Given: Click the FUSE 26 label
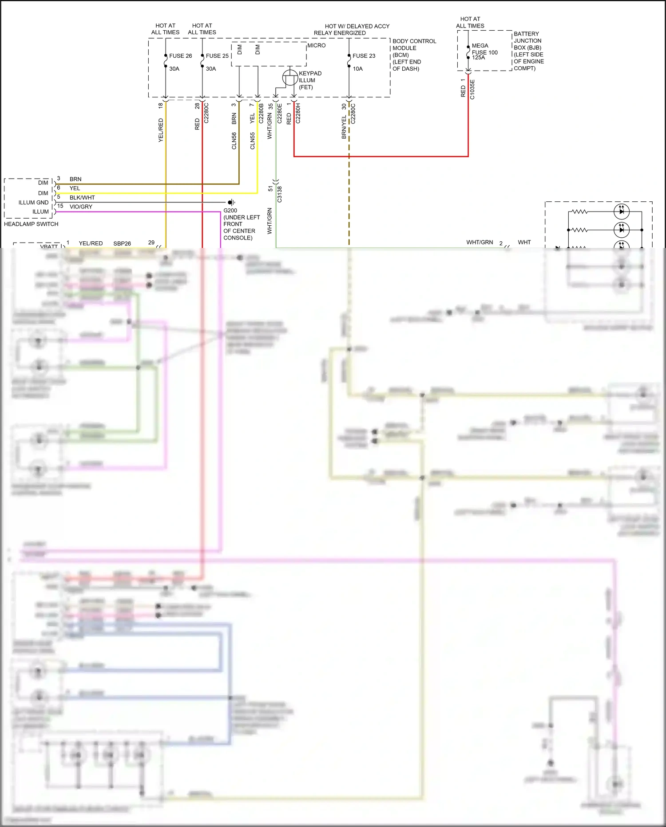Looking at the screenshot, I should pyautogui.click(x=180, y=56).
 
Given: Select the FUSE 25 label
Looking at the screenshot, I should pyautogui.click(x=217, y=56).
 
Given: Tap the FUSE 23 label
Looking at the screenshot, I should pyautogui.click(x=364, y=56).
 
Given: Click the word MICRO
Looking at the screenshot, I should pyautogui.click(x=317, y=45).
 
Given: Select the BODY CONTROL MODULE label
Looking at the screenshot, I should pyautogui.click(x=414, y=44).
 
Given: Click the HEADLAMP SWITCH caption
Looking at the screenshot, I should pyautogui.click(x=31, y=224).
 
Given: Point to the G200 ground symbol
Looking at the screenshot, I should pyautogui.click(x=231, y=203).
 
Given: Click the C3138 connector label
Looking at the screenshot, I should pyautogui.click(x=280, y=194).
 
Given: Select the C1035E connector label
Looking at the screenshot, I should pyautogui.click(x=472, y=89).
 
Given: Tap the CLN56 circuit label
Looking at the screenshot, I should pyautogui.click(x=234, y=140).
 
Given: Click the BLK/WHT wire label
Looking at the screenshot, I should pyautogui.click(x=82, y=198).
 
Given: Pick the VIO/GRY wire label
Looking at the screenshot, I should pyautogui.click(x=81, y=207).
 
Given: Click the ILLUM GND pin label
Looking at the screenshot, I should pyautogui.click(x=33, y=203).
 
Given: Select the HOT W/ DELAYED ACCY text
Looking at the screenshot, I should pyautogui.click(x=357, y=26).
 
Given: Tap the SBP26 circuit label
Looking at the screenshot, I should pyautogui.click(x=122, y=244).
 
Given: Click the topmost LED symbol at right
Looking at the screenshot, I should pyautogui.click(x=621, y=212).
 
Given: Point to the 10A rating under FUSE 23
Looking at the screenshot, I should pyautogui.click(x=358, y=69).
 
